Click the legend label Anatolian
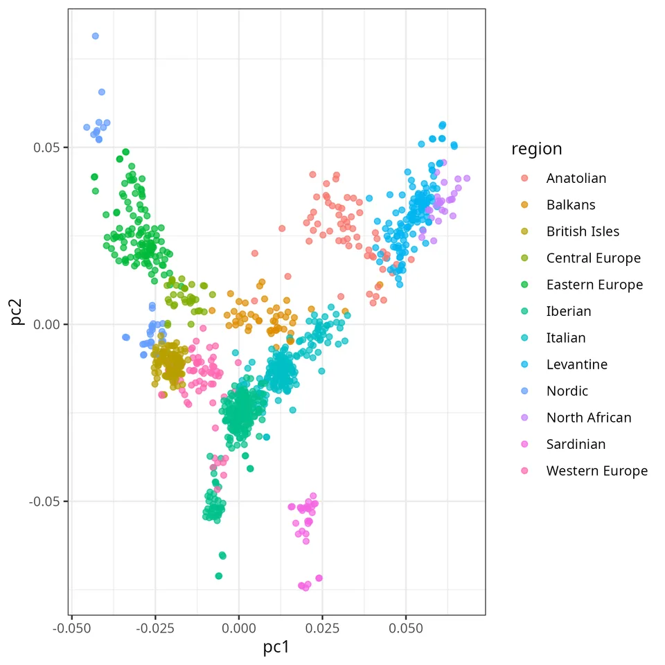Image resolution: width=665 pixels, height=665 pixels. tap(576, 179)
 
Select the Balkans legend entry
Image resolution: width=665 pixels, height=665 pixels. tap(571, 205)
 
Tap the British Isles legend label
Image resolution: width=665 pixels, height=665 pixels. tap(583, 231)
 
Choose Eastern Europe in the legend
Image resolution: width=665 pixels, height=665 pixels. tap(594, 285)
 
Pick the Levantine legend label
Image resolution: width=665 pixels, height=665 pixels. tap(577, 365)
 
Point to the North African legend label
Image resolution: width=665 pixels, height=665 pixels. tap(589, 418)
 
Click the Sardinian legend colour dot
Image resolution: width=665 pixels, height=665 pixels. tap(524, 444)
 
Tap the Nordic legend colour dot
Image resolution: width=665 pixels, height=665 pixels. tap(524, 391)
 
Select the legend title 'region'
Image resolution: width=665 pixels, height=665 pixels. tap(536, 150)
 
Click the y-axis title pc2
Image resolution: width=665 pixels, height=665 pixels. tap(16, 312)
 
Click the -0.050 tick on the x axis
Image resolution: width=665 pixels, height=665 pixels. tap(71, 628)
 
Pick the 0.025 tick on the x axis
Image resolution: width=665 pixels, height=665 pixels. tap(322, 628)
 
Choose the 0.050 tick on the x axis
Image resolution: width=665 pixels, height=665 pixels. tap(406, 628)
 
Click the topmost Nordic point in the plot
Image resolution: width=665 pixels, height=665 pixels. tap(96, 36)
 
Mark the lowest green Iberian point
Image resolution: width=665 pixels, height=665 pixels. tap(219, 576)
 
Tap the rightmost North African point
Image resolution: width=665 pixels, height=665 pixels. tap(467, 179)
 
